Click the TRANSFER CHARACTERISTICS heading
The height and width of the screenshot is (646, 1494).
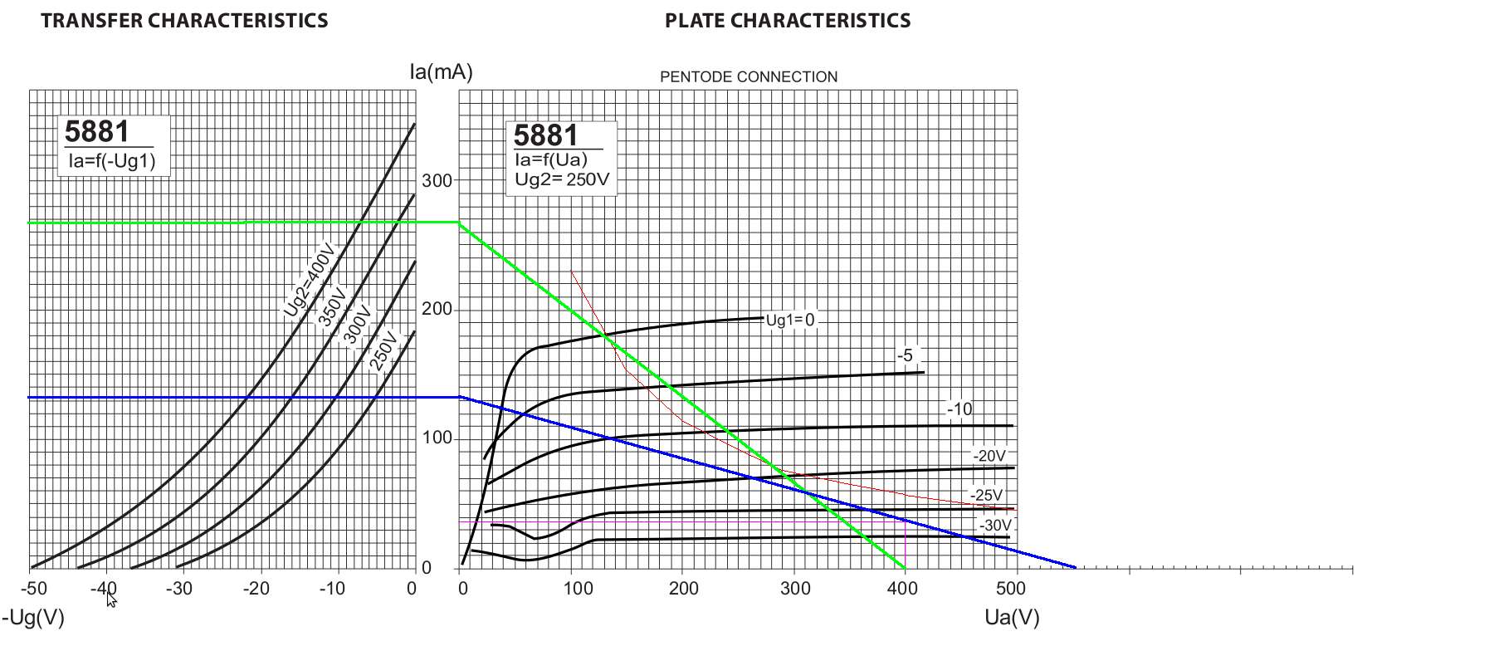pyautogui.click(x=184, y=21)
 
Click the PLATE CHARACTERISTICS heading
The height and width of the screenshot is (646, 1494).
pyautogui.click(x=787, y=21)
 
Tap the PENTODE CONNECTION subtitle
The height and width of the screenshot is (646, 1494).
pyautogui.click(x=749, y=77)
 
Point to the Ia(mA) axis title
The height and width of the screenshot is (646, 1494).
pyautogui.click(x=441, y=72)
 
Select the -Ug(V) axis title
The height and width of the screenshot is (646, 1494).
pyautogui.click(x=33, y=618)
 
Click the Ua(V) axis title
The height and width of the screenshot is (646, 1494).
pyautogui.click(x=1012, y=618)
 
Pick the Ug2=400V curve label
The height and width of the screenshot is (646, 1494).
pyautogui.click(x=309, y=280)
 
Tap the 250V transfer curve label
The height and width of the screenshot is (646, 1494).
pyautogui.click(x=383, y=350)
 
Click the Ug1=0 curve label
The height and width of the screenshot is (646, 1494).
pyautogui.click(x=789, y=321)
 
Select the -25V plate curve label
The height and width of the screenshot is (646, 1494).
pyautogui.click(x=987, y=495)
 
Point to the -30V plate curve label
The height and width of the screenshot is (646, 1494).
pyautogui.click(x=995, y=526)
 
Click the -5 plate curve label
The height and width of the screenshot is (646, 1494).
pyautogui.click(x=905, y=356)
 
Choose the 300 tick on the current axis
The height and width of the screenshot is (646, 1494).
pyautogui.click(x=437, y=180)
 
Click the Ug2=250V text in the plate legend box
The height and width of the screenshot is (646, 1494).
pyautogui.click(x=562, y=179)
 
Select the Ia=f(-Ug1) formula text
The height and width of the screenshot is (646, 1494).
pyautogui.click(x=112, y=161)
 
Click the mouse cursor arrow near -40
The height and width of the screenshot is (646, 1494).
pyautogui.click(x=111, y=599)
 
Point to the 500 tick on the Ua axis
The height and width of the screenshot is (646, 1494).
pyautogui.click(x=1010, y=589)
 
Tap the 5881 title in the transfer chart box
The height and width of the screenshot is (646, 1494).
pyautogui.click(x=97, y=132)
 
